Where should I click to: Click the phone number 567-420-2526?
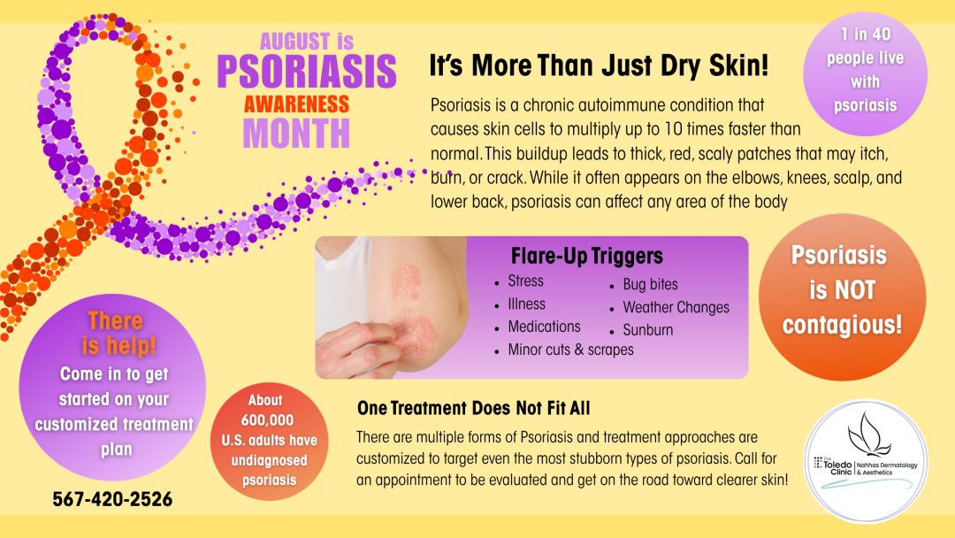tap(112, 500)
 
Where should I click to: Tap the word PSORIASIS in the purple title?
tap(306, 72)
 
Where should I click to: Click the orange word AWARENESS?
tap(296, 104)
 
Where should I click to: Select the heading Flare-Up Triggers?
tap(586, 256)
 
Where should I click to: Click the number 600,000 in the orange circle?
tap(267, 420)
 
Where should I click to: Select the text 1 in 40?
tap(866, 35)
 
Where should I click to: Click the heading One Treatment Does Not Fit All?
tap(473, 408)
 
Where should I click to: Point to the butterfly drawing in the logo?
tap(869, 434)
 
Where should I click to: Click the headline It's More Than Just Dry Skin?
tap(599, 65)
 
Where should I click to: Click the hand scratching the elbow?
tap(356, 349)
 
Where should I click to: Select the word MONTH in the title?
tap(296, 134)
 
